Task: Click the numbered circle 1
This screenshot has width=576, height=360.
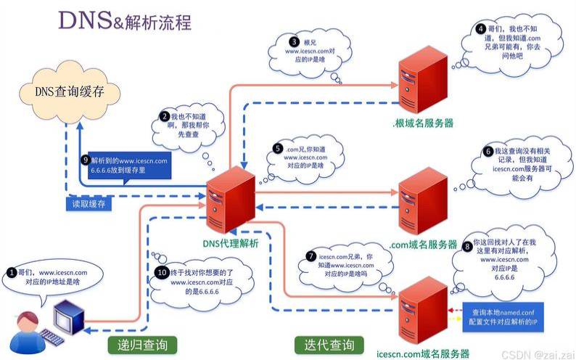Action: pyautogui.click(x=11, y=272)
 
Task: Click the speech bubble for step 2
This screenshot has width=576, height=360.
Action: pyautogui.click(x=182, y=128)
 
